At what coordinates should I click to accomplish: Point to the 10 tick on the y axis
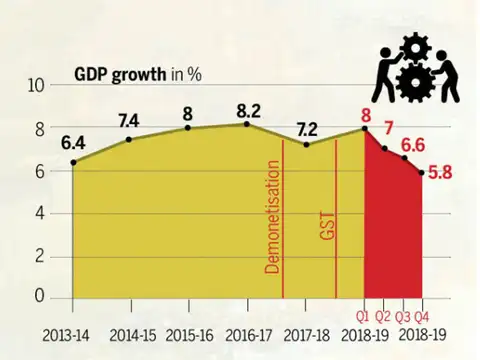[36, 85]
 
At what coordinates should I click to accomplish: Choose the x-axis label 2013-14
[73, 334]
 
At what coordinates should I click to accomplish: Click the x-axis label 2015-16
[189, 334]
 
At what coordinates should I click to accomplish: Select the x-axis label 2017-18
[305, 334]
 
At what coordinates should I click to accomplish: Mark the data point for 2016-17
[248, 124]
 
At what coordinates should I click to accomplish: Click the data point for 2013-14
[73, 161]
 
